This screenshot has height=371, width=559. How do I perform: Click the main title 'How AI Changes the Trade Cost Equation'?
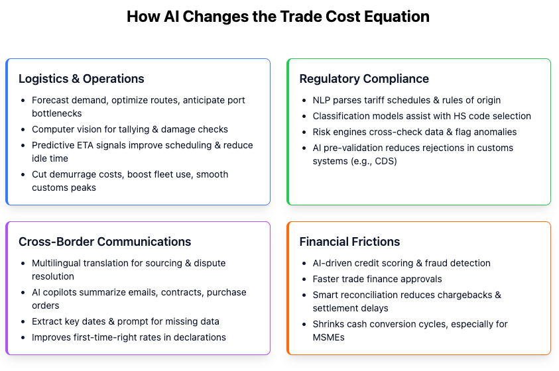click(278, 17)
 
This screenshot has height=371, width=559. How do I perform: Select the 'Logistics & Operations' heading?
click(82, 79)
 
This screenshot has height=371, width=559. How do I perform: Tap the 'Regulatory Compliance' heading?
click(364, 79)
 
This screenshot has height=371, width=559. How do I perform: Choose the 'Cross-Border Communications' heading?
click(105, 242)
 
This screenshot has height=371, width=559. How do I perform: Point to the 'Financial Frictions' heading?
click(349, 242)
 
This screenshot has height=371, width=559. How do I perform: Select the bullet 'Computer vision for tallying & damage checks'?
click(130, 129)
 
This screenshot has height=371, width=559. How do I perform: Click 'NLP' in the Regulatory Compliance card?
click(321, 100)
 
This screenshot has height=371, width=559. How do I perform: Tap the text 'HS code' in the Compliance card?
click(473, 116)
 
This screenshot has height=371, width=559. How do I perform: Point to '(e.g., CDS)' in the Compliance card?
click(374, 161)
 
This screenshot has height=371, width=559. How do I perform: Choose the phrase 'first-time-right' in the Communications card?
click(106, 337)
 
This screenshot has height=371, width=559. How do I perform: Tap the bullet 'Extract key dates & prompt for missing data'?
click(125, 321)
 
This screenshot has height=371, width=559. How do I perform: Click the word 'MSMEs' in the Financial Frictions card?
click(329, 337)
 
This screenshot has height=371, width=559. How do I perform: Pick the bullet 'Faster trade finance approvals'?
click(377, 279)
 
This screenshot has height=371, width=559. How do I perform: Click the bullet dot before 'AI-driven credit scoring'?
click(304, 264)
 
